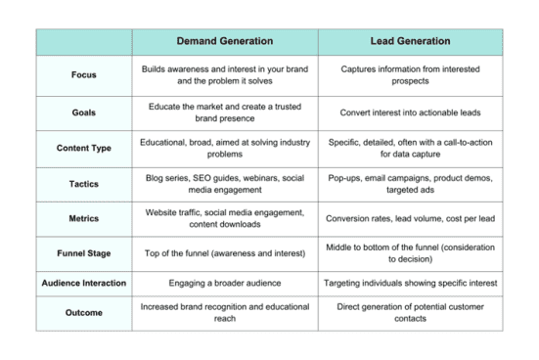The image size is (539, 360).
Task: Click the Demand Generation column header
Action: click(224, 42)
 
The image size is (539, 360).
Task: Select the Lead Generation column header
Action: click(410, 42)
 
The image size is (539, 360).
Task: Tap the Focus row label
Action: click(84, 74)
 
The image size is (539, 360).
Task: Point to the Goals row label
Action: click(84, 112)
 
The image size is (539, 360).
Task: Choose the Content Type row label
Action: click(84, 149)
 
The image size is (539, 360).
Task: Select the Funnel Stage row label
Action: click(84, 253)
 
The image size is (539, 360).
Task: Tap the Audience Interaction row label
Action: click(84, 283)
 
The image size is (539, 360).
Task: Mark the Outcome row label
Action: click(84, 312)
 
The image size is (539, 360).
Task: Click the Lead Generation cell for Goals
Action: click(410, 112)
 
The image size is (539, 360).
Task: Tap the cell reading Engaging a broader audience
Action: click(224, 283)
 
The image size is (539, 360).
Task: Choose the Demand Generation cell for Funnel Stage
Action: click(224, 253)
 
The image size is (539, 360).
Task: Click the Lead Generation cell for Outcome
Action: click(410, 312)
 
